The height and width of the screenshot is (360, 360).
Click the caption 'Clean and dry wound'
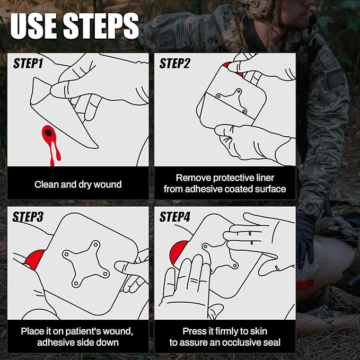78,185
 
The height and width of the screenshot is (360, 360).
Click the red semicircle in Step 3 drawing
35,259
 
